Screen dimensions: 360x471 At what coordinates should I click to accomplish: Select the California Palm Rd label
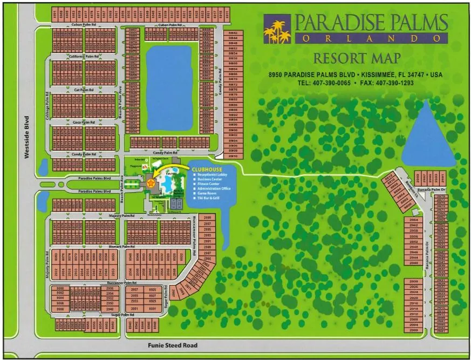(84, 56)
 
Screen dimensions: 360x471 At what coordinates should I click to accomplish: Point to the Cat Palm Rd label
(84, 90)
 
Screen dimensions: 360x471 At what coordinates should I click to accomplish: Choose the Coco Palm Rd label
(84, 123)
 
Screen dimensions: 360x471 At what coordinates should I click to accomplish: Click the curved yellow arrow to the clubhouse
(172, 171)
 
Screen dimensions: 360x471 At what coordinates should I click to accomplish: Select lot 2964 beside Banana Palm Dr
(414, 220)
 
